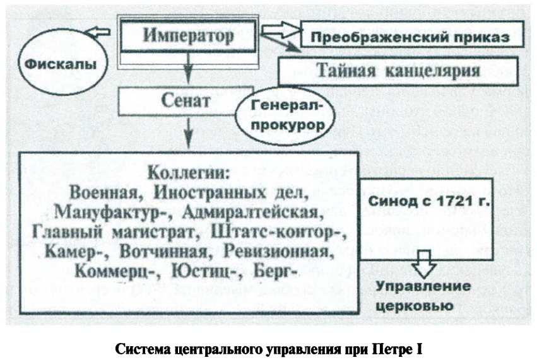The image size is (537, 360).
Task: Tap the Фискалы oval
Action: pyautogui.click(x=61, y=64)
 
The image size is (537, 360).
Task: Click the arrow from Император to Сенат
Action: pyautogui.click(x=188, y=68)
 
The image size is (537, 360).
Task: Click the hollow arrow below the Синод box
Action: pyautogui.click(x=422, y=265)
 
